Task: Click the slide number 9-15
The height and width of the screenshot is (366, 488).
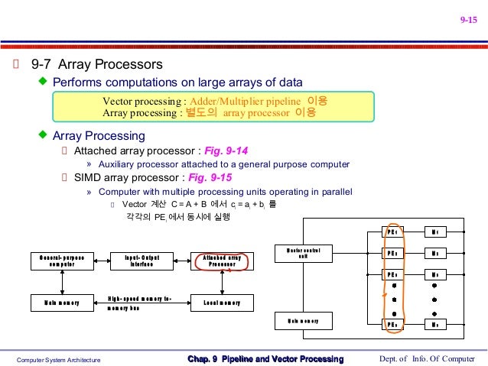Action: pyautogui.click(x=467, y=21)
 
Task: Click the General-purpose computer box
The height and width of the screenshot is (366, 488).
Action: pyautogui.click(x=63, y=261)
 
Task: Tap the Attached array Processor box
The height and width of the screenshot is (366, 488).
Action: pyautogui.click(x=221, y=261)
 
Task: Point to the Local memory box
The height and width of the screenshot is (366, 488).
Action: pyautogui.click(x=221, y=303)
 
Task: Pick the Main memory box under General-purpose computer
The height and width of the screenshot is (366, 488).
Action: pyautogui.click(x=63, y=303)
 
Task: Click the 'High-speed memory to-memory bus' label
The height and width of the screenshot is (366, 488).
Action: pyautogui.click(x=139, y=303)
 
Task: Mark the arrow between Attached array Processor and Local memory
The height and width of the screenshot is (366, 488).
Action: pyautogui.click(x=222, y=282)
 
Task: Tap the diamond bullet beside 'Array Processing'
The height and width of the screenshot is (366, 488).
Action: pyautogui.click(x=43, y=135)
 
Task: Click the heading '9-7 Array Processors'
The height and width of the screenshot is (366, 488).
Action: pyautogui.click(x=96, y=63)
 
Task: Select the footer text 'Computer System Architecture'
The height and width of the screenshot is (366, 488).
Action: pyautogui.click(x=60, y=359)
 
